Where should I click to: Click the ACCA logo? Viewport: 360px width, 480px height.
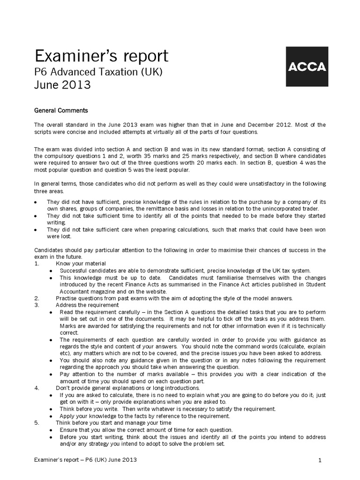tap(306, 67)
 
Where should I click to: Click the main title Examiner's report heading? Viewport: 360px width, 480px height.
tap(101, 56)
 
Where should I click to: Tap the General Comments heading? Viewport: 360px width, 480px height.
tap(61, 111)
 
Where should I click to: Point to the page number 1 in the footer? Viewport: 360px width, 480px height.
tap(320, 460)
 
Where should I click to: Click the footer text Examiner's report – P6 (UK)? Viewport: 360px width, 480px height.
tap(86, 460)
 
